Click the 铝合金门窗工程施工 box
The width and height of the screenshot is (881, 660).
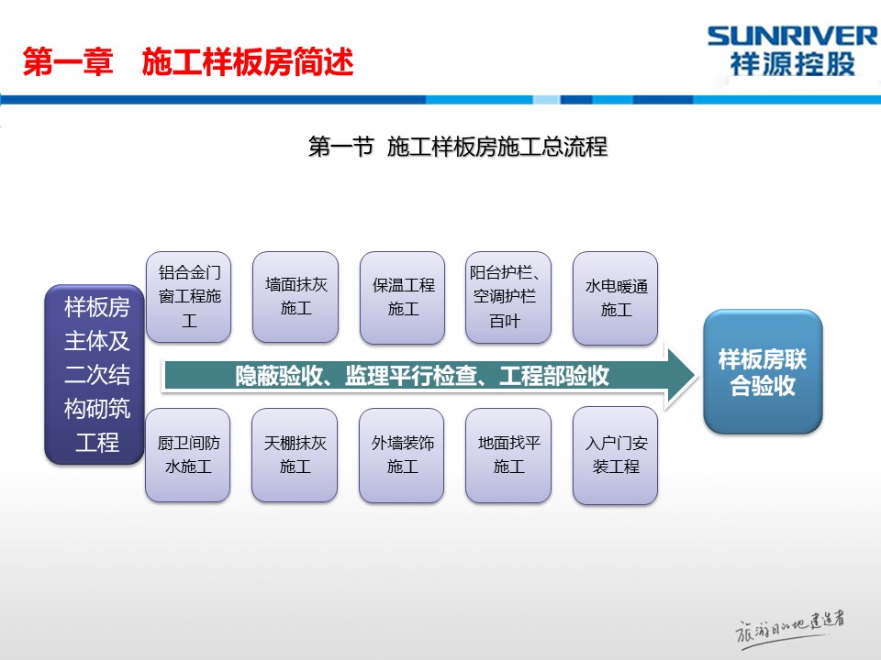click(189, 297)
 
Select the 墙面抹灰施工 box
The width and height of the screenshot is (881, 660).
click(296, 297)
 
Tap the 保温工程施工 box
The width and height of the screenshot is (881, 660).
click(402, 297)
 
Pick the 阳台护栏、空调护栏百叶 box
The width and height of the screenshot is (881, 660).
click(508, 297)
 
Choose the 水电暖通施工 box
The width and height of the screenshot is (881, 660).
click(615, 298)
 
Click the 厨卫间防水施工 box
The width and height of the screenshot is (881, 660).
click(187, 456)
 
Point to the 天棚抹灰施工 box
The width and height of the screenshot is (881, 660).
click(295, 456)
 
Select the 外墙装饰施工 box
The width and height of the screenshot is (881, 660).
click(402, 456)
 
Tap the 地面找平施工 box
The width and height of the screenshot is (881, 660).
click(508, 456)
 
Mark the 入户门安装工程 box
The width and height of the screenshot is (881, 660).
click(615, 456)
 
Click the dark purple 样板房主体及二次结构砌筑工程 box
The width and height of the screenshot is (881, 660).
click(95, 374)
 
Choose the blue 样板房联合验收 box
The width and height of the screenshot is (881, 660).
click(763, 371)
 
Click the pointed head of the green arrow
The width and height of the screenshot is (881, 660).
click(696, 376)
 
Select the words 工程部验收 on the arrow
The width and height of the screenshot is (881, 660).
click(554, 376)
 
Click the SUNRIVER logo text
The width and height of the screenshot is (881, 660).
click(792, 37)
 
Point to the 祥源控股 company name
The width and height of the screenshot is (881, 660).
click(792, 64)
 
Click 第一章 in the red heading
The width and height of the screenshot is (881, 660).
click(68, 61)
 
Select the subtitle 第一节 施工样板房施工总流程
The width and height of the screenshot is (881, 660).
click(458, 147)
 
